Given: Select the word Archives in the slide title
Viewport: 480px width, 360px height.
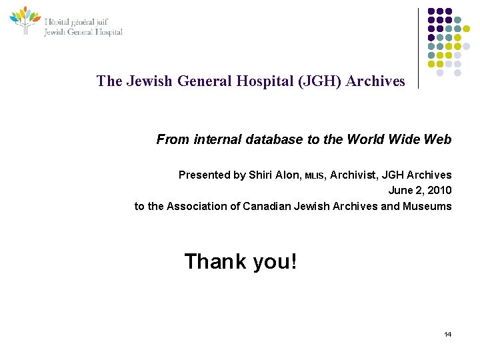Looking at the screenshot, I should (376, 81).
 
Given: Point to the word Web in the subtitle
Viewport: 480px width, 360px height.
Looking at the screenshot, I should (439, 140).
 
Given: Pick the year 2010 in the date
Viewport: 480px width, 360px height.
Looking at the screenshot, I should (438, 191).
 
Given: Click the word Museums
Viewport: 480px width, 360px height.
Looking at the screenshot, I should (427, 206).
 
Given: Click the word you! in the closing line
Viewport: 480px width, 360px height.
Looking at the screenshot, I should (275, 262).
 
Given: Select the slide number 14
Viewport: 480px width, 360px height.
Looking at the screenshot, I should (447, 334).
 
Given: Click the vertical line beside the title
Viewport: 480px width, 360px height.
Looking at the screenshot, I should (419, 48).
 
